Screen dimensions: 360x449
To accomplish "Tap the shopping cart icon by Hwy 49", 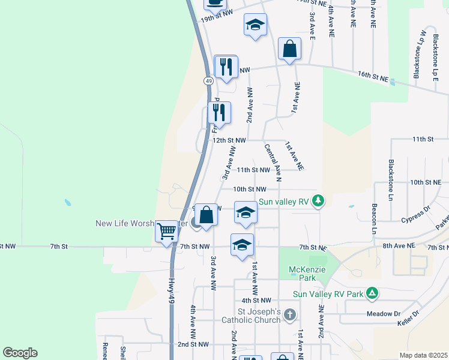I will (x=166, y=231).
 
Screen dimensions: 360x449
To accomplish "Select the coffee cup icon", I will (x=215, y=3).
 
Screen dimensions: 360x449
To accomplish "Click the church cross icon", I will (x=290, y=315).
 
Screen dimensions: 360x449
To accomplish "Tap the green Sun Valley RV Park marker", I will (x=372, y=293).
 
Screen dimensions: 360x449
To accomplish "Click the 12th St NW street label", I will (x=229, y=140).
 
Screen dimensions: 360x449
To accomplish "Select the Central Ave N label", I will (x=272, y=162).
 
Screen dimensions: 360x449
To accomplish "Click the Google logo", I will (x=20, y=353).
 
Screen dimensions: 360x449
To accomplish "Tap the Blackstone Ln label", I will (x=391, y=172).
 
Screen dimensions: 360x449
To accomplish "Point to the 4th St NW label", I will (x=256, y=299).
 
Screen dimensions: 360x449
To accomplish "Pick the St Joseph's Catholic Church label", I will (x=259, y=316).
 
